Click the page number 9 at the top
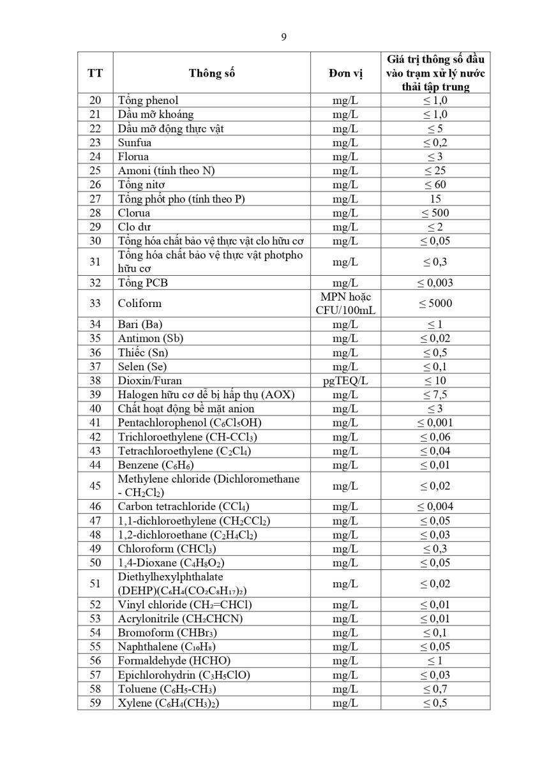(283, 36)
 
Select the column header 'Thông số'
(212, 73)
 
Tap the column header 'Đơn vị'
(345, 73)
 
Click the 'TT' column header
(95, 73)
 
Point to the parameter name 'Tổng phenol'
(148, 100)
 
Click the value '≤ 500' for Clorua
(435, 213)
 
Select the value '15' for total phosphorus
(435, 199)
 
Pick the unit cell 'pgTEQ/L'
(345, 380)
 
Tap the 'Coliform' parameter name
(140, 303)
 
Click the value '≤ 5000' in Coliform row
(435, 303)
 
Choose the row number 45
(95, 486)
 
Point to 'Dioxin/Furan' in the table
(150, 380)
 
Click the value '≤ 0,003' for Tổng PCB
(435, 283)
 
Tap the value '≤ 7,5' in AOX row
(435, 394)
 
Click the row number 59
(95, 703)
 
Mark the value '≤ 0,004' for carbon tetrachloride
(435, 507)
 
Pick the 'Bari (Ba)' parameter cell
(140, 324)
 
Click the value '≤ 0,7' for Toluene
(435, 689)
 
